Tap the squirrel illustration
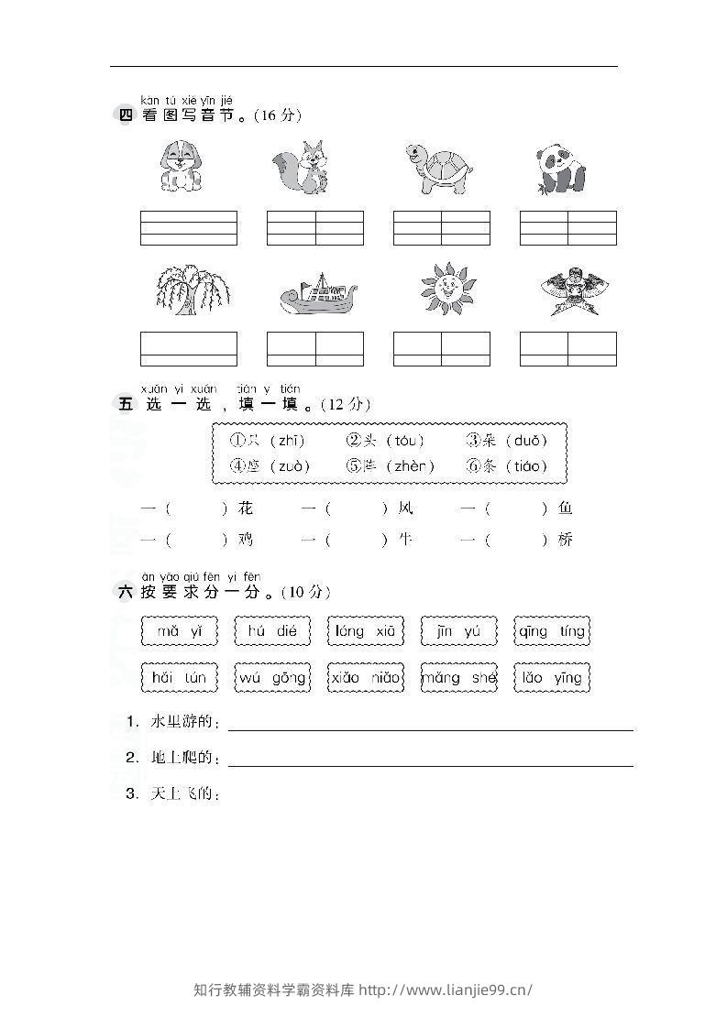303,167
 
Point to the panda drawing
559,168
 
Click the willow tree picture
191,290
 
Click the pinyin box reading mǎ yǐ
180,631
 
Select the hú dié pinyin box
272,631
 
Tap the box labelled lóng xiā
365,631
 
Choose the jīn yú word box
457,631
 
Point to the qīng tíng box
551,631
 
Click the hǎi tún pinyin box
180,678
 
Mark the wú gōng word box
272,678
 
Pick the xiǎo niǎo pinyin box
365,678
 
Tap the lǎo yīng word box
551,678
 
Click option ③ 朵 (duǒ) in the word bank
507,441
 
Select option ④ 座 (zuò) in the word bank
270,466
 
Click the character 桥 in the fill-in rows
565,541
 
